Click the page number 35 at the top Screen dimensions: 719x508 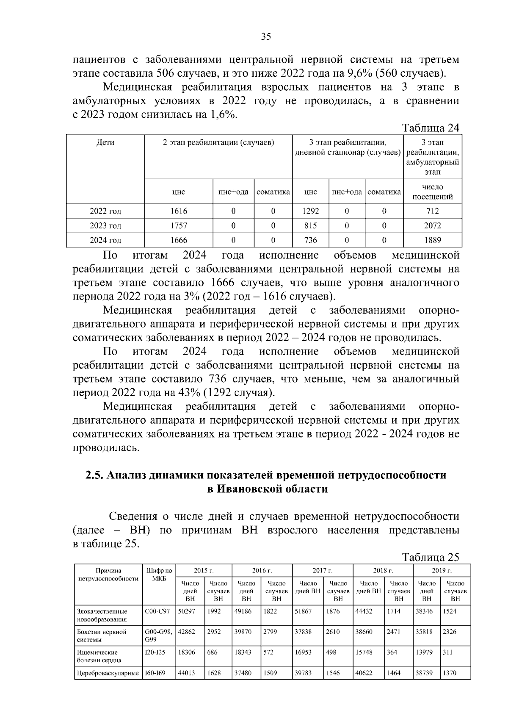[x=266, y=36]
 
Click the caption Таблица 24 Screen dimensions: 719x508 [x=431, y=128]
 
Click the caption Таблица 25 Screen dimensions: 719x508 [x=431, y=557]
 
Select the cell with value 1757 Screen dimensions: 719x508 [x=179, y=226]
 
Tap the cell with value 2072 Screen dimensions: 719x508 [x=432, y=226]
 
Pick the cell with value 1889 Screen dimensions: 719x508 [x=432, y=240]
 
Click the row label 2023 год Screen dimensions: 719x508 [x=105, y=226]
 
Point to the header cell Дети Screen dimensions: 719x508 [x=105, y=142]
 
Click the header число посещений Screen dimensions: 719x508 [x=432, y=192]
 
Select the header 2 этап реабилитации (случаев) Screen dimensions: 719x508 [x=218, y=142]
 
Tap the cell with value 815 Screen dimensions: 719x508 [x=310, y=226]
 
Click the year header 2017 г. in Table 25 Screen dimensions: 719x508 [x=323, y=570]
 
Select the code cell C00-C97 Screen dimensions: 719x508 [x=157, y=611]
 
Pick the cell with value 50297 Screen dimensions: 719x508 [x=187, y=611]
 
